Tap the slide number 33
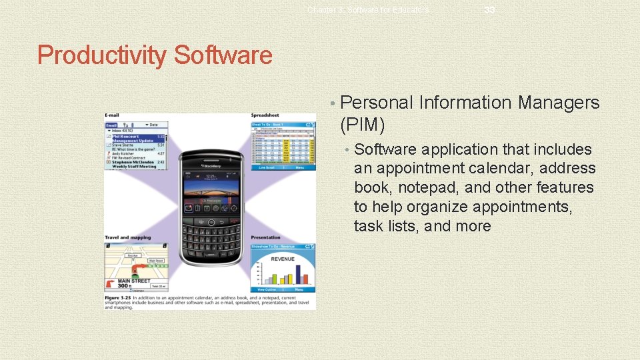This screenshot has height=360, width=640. point(489,9)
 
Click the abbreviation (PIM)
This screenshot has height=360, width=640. point(362,123)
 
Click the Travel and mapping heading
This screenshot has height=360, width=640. point(127,237)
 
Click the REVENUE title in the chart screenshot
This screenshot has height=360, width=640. point(282,259)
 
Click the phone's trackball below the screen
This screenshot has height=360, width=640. point(211,221)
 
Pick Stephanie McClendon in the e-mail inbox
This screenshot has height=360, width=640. point(133,162)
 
